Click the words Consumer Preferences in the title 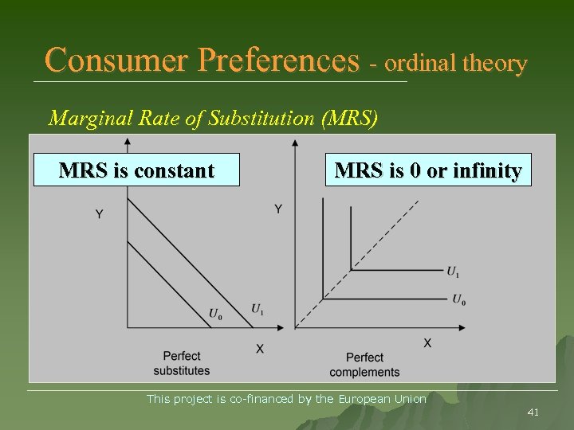[x=202, y=60]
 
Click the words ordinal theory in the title [x=455, y=63]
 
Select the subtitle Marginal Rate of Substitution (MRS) [x=213, y=119]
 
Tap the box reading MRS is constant [x=136, y=170]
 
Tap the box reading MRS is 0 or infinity [x=428, y=170]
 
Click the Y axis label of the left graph [x=99, y=214]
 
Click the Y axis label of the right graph [x=278, y=209]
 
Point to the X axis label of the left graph [x=259, y=349]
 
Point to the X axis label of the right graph [x=427, y=342]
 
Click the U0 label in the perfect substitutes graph [x=215, y=314]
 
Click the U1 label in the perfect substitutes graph [x=258, y=309]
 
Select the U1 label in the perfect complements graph [x=453, y=272]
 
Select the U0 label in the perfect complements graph [x=458, y=299]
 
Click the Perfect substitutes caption [x=182, y=363]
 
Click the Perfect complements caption [x=364, y=365]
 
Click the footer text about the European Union [x=286, y=399]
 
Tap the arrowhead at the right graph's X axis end [x=462, y=326]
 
